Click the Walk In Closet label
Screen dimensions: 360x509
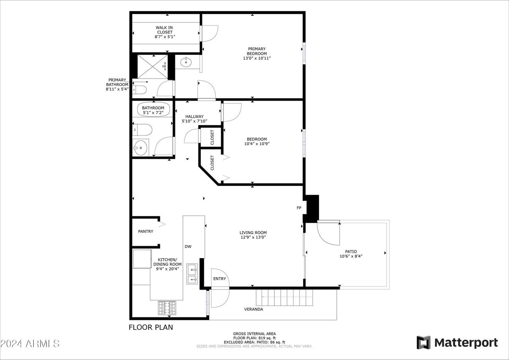coord(164,30)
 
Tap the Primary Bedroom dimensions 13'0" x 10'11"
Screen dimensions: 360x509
coord(256,58)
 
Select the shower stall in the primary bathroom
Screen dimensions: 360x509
coord(152,66)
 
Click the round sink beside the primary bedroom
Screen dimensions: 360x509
coord(186,62)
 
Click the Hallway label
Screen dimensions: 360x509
coord(194,117)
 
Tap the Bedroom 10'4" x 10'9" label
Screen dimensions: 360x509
coord(256,142)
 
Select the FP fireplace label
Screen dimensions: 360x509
coord(299,208)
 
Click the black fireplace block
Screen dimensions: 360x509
coord(312,208)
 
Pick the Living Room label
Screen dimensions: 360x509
coord(253,235)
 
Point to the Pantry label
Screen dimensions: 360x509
coord(146,232)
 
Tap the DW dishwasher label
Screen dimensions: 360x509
coord(188,247)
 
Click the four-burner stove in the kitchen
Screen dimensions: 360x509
coord(167,307)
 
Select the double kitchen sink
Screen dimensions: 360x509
coord(192,275)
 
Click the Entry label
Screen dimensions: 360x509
coord(220,279)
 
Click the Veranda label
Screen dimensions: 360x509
coord(253,309)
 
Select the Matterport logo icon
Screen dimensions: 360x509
coord(423,342)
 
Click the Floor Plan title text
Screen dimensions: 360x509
coord(151,328)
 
